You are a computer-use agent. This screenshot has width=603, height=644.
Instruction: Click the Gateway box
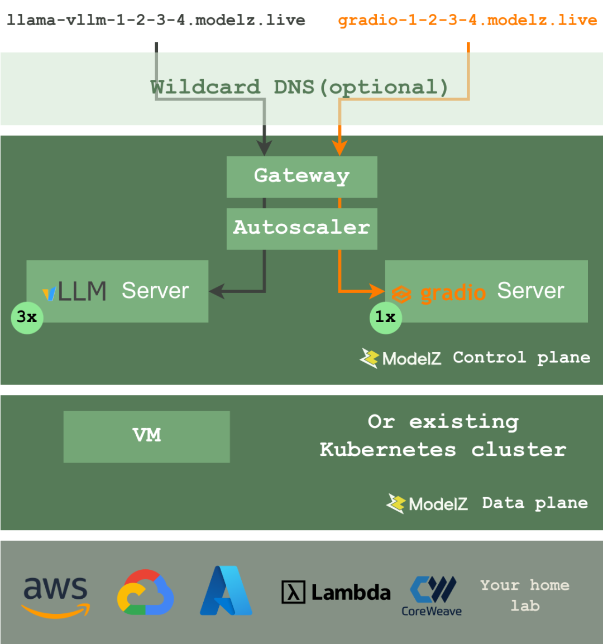(x=301, y=176)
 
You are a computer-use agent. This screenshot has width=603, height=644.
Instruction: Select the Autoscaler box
(x=301, y=228)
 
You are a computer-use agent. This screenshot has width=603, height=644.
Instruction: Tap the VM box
(x=146, y=436)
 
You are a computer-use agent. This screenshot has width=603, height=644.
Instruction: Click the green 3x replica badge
(x=27, y=318)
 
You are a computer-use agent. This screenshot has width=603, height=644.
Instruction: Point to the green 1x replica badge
(x=385, y=318)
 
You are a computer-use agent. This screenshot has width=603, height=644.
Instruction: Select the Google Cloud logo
(x=145, y=593)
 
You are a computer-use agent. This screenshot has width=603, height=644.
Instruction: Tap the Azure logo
(x=226, y=591)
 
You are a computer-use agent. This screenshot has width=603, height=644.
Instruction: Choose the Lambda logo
(x=336, y=593)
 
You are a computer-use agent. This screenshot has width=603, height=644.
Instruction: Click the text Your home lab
(x=525, y=595)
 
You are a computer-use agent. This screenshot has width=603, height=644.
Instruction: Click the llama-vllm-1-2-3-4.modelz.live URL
(x=156, y=21)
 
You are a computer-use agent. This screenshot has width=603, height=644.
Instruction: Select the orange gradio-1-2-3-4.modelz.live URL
(x=468, y=21)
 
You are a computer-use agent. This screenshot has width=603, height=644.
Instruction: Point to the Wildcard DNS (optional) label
(x=299, y=87)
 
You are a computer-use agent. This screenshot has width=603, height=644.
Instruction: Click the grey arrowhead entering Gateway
(x=264, y=148)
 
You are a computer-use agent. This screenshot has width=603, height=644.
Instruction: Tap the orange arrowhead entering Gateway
(x=339, y=148)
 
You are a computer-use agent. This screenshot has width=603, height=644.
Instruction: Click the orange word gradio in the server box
(x=453, y=292)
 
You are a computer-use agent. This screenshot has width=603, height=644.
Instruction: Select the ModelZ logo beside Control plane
(x=369, y=358)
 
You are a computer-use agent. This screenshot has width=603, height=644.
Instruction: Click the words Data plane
(x=535, y=503)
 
